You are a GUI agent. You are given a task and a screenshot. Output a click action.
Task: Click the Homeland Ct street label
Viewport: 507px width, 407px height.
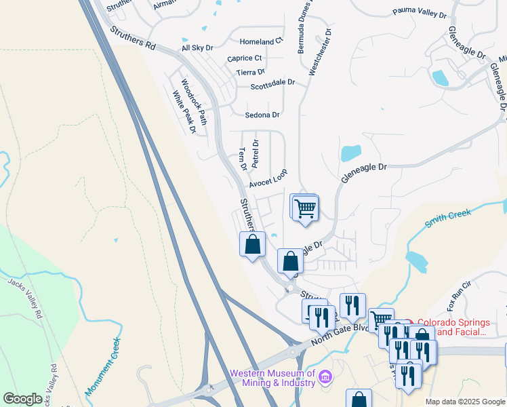click(260, 41)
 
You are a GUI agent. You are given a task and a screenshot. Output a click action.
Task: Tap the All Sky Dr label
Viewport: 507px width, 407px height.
click(197, 48)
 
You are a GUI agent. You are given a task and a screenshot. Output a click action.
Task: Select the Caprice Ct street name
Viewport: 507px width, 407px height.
click(244, 58)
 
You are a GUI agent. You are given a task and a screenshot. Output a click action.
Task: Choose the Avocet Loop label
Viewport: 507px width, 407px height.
click(268, 178)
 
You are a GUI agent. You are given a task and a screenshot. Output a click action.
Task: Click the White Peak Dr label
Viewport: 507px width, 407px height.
click(184, 111)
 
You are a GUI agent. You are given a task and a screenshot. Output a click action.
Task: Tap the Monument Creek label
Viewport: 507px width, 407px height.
click(103, 367)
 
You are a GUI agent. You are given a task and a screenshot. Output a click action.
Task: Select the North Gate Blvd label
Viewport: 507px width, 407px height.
click(340, 333)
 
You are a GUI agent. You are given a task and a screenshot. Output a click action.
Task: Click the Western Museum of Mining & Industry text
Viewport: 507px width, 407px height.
click(272, 378)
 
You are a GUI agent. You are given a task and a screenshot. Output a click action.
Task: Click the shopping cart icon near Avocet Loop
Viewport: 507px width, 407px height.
click(306, 208)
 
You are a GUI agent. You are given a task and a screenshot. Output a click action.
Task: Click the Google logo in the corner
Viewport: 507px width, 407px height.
click(22, 399)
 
